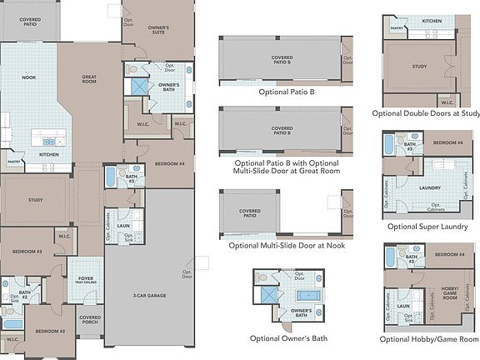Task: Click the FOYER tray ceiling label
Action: click(87, 281)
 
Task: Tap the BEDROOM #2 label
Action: click(50, 332)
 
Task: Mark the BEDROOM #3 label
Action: click(27, 252)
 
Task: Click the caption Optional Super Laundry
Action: click(425, 227)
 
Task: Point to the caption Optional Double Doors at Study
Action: click(425, 113)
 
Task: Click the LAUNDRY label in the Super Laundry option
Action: click(429, 188)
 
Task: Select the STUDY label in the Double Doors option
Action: click(420, 67)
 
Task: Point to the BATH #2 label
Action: click(25, 293)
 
